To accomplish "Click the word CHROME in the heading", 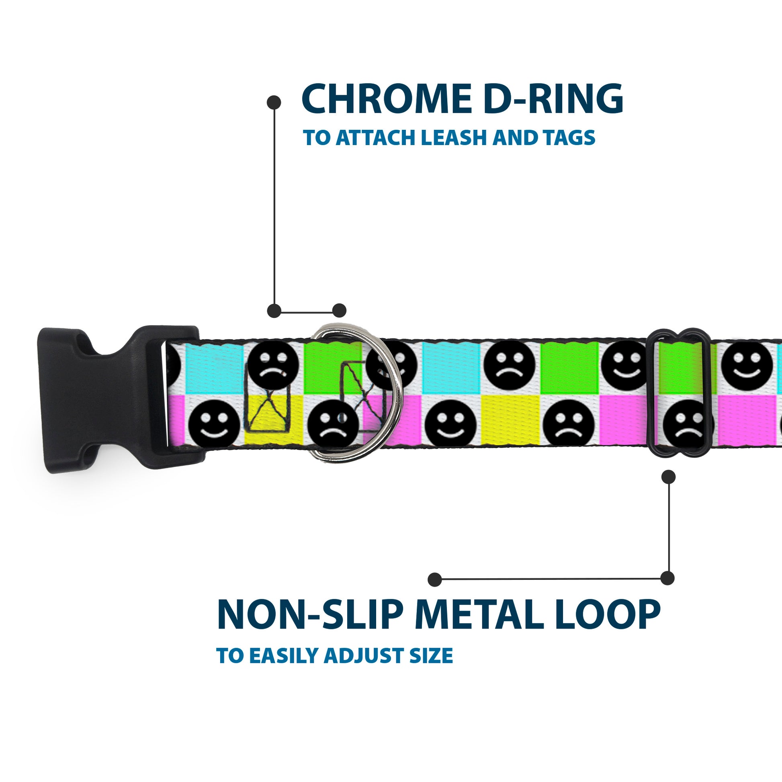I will pyautogui.click(x=385, y=99).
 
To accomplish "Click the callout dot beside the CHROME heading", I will pyautogui.click(x=274, y=102).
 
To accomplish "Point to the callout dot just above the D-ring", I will pyautogui.click(x=339, y=311).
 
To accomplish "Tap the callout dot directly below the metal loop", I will pyautogui.click(x=668, y=477).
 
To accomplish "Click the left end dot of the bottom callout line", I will pyautogui.click(x=435, y=579).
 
